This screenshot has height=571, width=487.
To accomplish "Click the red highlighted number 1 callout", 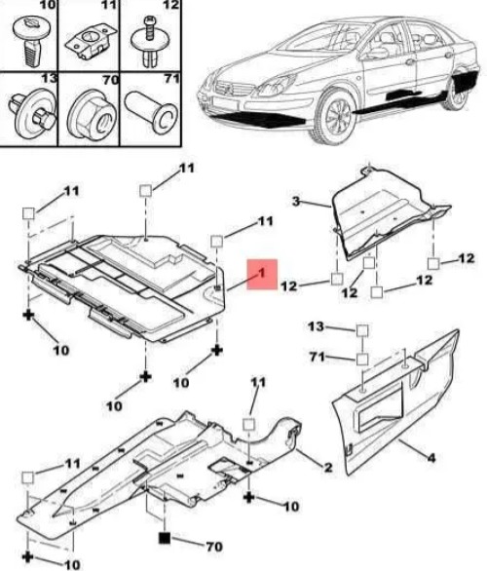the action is point(262,274).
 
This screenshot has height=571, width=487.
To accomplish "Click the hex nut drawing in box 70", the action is point(90,115).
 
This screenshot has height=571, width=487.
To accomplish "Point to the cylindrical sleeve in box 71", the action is point(151,110).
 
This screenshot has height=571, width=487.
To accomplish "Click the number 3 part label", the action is point(297,201).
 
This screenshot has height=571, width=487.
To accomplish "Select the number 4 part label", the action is point(431,457).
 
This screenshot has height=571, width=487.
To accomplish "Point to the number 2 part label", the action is point(328,467).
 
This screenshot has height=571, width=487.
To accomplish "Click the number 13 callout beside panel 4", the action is point(316,326).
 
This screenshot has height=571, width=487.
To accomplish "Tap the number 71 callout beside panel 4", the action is point(317,357).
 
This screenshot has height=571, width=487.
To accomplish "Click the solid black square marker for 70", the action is point(165,538).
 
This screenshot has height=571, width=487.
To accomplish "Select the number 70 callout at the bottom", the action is point(214,547).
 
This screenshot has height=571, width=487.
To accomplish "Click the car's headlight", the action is point(276,85).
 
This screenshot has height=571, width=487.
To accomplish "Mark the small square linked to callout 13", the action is point(362,330).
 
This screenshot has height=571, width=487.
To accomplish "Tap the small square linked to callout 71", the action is point(362,360).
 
